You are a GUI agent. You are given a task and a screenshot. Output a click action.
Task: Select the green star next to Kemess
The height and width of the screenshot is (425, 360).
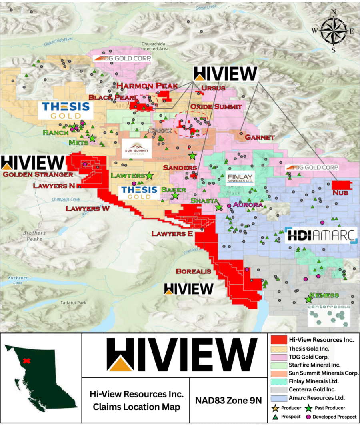point(309,299)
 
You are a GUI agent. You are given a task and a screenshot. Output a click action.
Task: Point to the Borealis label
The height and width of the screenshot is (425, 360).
point(193,271)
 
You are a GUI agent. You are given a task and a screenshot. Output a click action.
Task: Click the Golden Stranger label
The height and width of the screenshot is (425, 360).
point(38,174)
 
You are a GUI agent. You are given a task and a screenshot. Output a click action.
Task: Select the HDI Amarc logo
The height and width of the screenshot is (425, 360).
point(321,236)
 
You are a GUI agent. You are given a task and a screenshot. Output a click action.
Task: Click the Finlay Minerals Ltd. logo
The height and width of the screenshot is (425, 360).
point(240,178)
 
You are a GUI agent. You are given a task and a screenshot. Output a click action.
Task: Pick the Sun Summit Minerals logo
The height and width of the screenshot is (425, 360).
point(137,148)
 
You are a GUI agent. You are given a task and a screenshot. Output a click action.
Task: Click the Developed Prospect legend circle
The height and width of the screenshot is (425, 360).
point(308,417)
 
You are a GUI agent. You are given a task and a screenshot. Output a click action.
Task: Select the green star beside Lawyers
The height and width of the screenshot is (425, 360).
point(149,175)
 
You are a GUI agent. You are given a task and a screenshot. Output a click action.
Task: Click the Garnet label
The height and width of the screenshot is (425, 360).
point(260,137)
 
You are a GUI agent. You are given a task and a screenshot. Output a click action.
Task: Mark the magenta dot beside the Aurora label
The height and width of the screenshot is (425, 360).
point(229,205)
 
